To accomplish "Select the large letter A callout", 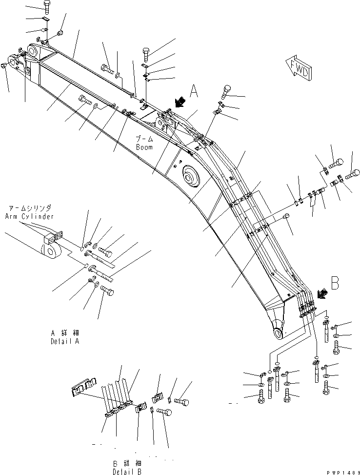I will click(194, 91).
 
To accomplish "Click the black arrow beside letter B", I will click(321, 293).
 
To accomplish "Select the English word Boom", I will click(145, 147).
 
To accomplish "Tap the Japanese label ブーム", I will click(145, 140).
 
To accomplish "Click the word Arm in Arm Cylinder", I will click(13, 216).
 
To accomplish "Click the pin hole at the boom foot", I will click(278, 334).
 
